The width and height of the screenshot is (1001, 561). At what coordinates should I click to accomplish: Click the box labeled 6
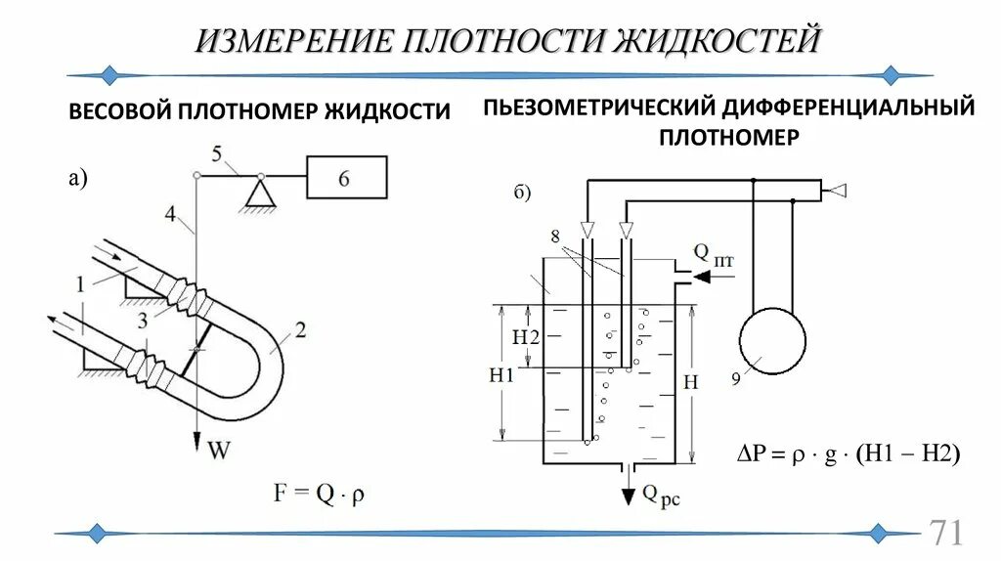pos(346,177)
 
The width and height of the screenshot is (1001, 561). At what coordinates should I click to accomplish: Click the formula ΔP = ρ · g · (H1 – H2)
pos(848,453)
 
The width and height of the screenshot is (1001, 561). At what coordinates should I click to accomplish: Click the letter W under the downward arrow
pos(219,452)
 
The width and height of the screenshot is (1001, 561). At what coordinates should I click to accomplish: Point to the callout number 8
pos(555,236)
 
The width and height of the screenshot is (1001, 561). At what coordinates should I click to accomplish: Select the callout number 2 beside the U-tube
pos(300,330)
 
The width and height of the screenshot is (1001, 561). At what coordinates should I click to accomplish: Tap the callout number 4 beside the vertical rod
pos(171,214)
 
